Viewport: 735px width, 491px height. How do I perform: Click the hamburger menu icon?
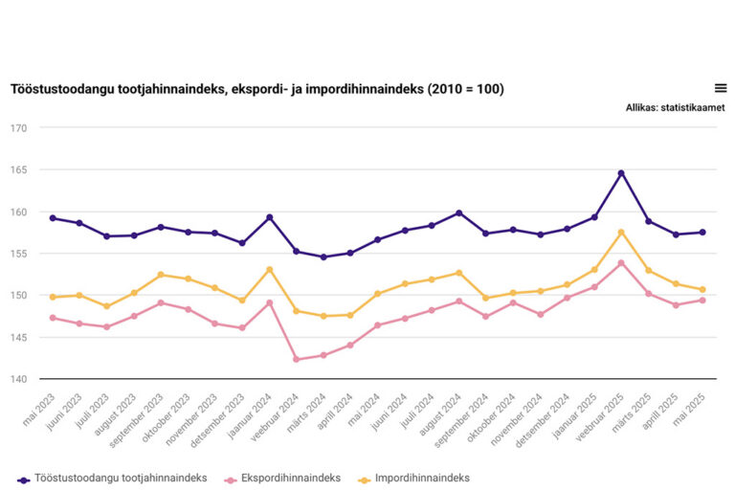(x=721, y=88)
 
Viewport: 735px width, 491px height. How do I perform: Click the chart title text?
(x=257, y=90)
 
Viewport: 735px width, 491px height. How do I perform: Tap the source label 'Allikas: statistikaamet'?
(x=675, y=108)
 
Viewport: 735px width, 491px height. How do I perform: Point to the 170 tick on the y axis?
(x=19, y=128)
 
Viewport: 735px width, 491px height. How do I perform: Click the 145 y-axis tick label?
(x=19, y=338)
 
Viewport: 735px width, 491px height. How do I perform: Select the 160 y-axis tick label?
(x=19, y=212)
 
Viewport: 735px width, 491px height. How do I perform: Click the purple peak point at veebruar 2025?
(x=621, y=173)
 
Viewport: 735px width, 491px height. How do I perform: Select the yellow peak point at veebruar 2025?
(x=621, y=233)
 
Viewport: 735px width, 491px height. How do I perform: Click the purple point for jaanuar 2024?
(x=270, y=217)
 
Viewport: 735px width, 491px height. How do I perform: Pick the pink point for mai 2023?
(x=53, y=318)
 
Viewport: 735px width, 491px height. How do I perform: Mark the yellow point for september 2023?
(x=161, y=275)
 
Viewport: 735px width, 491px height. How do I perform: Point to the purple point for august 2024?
(x=459, y=212)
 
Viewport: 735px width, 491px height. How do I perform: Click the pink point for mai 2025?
(x=702, y=301)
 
